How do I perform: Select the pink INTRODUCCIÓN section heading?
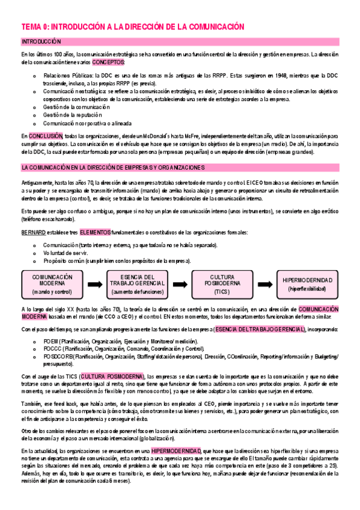(x=41, y=41)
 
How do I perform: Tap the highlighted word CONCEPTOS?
(x=109, y=62)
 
